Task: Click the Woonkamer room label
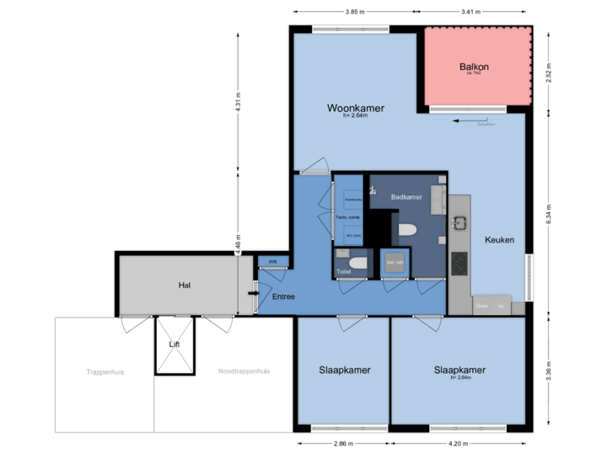click(356, 109)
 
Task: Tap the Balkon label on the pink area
click(474, 67)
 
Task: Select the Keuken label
click(499, 239)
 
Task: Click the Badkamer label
click(406, 196)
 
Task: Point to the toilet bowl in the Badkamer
click(407, 230)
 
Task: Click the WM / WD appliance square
click(395, 263)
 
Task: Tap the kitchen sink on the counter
click(459, 223)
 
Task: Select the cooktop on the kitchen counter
click(460, 265)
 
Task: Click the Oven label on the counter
click(481, 306)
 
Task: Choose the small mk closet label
click(272, 262)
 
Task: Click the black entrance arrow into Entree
click(251, 293)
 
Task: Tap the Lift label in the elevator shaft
click(175, 345)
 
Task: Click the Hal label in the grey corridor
click(184, 285)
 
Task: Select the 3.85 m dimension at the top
click(355, 12)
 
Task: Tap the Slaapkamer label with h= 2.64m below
click(459, 370)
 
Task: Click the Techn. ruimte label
click(348, 217)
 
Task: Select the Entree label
click(283, 297)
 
